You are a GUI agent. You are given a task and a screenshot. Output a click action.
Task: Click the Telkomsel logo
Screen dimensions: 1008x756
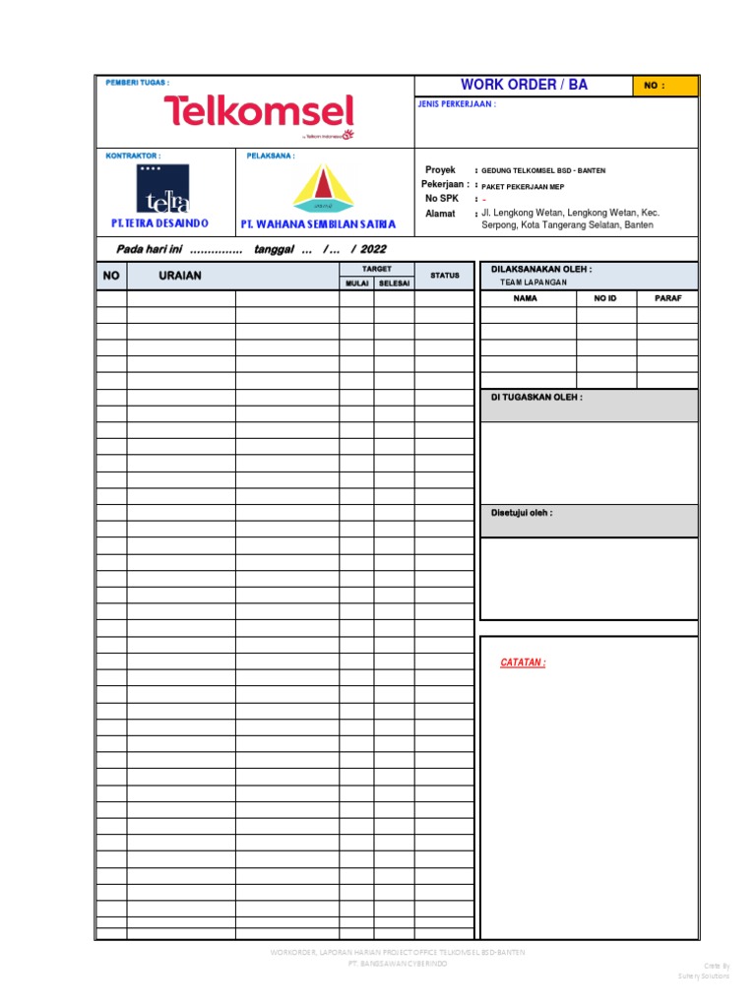[x=258, y=112]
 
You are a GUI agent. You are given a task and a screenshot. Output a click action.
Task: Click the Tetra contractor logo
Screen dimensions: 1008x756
[x=162, y=189]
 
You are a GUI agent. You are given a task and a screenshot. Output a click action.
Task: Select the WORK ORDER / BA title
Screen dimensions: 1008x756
[x=524, y=85]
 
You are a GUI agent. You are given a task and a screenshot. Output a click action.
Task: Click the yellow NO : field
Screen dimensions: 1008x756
[x=665, y=86]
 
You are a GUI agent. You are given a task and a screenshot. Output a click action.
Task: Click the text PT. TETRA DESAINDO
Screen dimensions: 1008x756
[x=159, y=223]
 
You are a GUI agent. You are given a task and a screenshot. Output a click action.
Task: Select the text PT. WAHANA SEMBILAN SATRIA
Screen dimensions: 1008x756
[x=318, y=224]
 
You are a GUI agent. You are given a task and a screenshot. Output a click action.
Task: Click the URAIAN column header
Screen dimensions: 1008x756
[x=180, y=276]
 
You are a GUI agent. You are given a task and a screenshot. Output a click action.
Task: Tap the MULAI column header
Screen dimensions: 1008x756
[x=356, y=283]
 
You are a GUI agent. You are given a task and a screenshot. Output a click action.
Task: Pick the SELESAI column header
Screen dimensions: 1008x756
[x=394, y=283]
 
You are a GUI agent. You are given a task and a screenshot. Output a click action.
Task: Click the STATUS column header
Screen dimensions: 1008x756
[x=445, y=276]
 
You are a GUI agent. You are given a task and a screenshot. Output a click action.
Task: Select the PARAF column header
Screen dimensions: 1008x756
[x=668, y=298]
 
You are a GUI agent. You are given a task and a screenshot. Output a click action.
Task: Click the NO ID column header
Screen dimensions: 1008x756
[x=605, y=298]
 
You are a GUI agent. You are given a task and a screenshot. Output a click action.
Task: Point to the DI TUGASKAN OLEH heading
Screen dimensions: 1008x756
[x=536, y=398]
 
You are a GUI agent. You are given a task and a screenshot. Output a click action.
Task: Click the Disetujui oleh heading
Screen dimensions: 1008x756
[x=522, y=513]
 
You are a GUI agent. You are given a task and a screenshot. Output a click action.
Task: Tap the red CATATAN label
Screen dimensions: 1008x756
[x=523, y=662]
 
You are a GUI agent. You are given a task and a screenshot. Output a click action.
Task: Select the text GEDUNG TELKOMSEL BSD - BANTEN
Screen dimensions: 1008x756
[x=543, y=170]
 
